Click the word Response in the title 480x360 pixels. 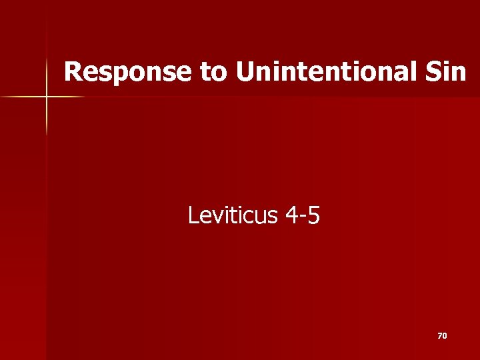point(129,72)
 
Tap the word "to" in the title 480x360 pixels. point(213,72)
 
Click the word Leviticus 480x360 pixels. point(231,215)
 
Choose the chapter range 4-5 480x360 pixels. point(302,215)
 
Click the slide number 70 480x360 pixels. point(442,336)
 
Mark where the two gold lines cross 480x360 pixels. point(47,97)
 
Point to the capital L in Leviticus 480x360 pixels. point(193,215)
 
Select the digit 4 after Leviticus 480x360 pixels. point(291,215)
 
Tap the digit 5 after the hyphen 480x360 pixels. point(313,215)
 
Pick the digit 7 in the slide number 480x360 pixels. point(439,336)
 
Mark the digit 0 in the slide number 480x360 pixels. point(445,336)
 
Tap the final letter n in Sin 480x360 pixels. point(459,73)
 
